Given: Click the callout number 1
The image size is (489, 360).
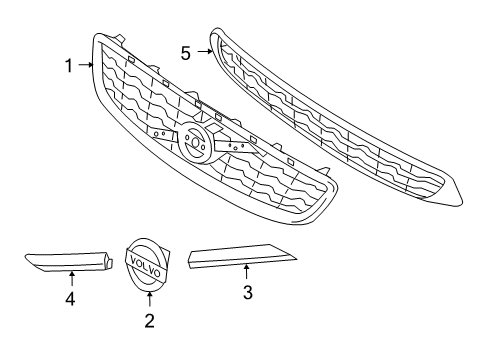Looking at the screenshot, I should (x=69, y=66).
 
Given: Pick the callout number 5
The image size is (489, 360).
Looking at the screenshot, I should (x=186, y=53).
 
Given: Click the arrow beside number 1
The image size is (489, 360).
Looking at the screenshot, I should (x=86, y=66).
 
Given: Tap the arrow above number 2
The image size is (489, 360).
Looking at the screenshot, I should (x=149, y=301).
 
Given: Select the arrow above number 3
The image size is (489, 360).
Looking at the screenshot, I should (x=247, y=272).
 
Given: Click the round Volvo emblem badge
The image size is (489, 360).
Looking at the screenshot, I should (x=147, y=265).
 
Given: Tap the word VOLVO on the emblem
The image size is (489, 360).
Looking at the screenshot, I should (x=146, y=265).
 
